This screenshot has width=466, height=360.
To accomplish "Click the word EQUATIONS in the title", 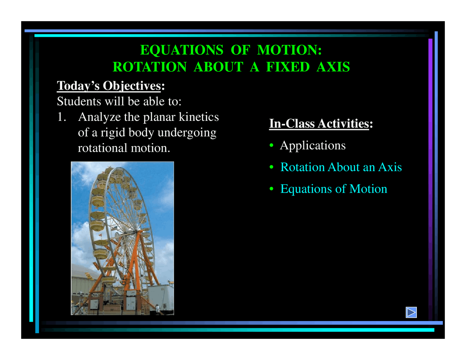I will [x=182, y=50].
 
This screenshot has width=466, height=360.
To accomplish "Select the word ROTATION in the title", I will [x=149, y=67].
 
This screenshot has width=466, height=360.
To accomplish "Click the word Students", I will [x=79, y=101].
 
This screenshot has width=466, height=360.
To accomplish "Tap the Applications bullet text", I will [x=312, y=145].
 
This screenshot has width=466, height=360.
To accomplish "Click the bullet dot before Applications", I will [x=271, y=146].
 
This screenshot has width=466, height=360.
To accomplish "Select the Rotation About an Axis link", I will [x=341, y=167].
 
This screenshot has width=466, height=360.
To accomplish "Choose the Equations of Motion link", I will [x=333, y=189].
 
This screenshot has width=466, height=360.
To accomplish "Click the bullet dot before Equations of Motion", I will [x=271, y=189].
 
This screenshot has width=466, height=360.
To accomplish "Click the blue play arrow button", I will [x=411, y=312].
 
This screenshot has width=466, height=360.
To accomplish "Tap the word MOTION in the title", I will [x=289, y=50].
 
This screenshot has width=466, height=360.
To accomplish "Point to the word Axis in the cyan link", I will [x=390, y=167].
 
